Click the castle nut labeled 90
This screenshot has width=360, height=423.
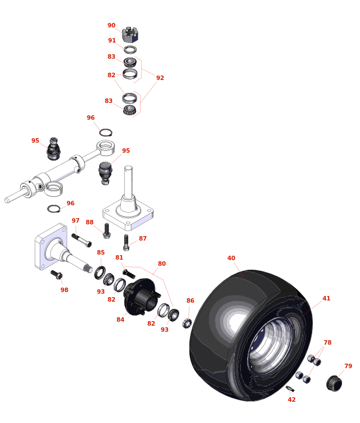tap(130, 34)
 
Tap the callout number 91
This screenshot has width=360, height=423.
tap(112, 40)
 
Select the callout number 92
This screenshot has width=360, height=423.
tap(160, 78)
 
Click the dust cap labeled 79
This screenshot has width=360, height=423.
tap(334, 383)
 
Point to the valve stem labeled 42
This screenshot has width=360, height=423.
tap(290, 389)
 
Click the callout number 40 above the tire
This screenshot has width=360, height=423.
tap(231, 258)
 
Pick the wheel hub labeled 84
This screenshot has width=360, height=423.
tap(141, 297)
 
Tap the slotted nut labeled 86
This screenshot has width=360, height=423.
tap(187, 323)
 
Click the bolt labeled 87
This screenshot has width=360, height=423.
tap(126, 242)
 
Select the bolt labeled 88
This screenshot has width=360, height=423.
tap(106, 231)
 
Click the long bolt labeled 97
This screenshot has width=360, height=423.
tap(82, 241)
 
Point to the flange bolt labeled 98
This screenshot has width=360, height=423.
tap(57, 275)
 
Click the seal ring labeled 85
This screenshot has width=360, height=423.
tap(100, 272)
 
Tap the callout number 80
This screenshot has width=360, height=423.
tap(162, 264)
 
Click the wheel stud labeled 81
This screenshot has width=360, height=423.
tap(129, 274)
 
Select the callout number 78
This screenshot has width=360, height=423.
tap(328, 342)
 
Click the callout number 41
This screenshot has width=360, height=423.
tap(326, 298)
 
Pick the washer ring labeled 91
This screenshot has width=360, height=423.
tap(130, 50)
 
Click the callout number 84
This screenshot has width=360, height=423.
tap(120, 319)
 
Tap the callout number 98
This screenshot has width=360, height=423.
tap(64, 290)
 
